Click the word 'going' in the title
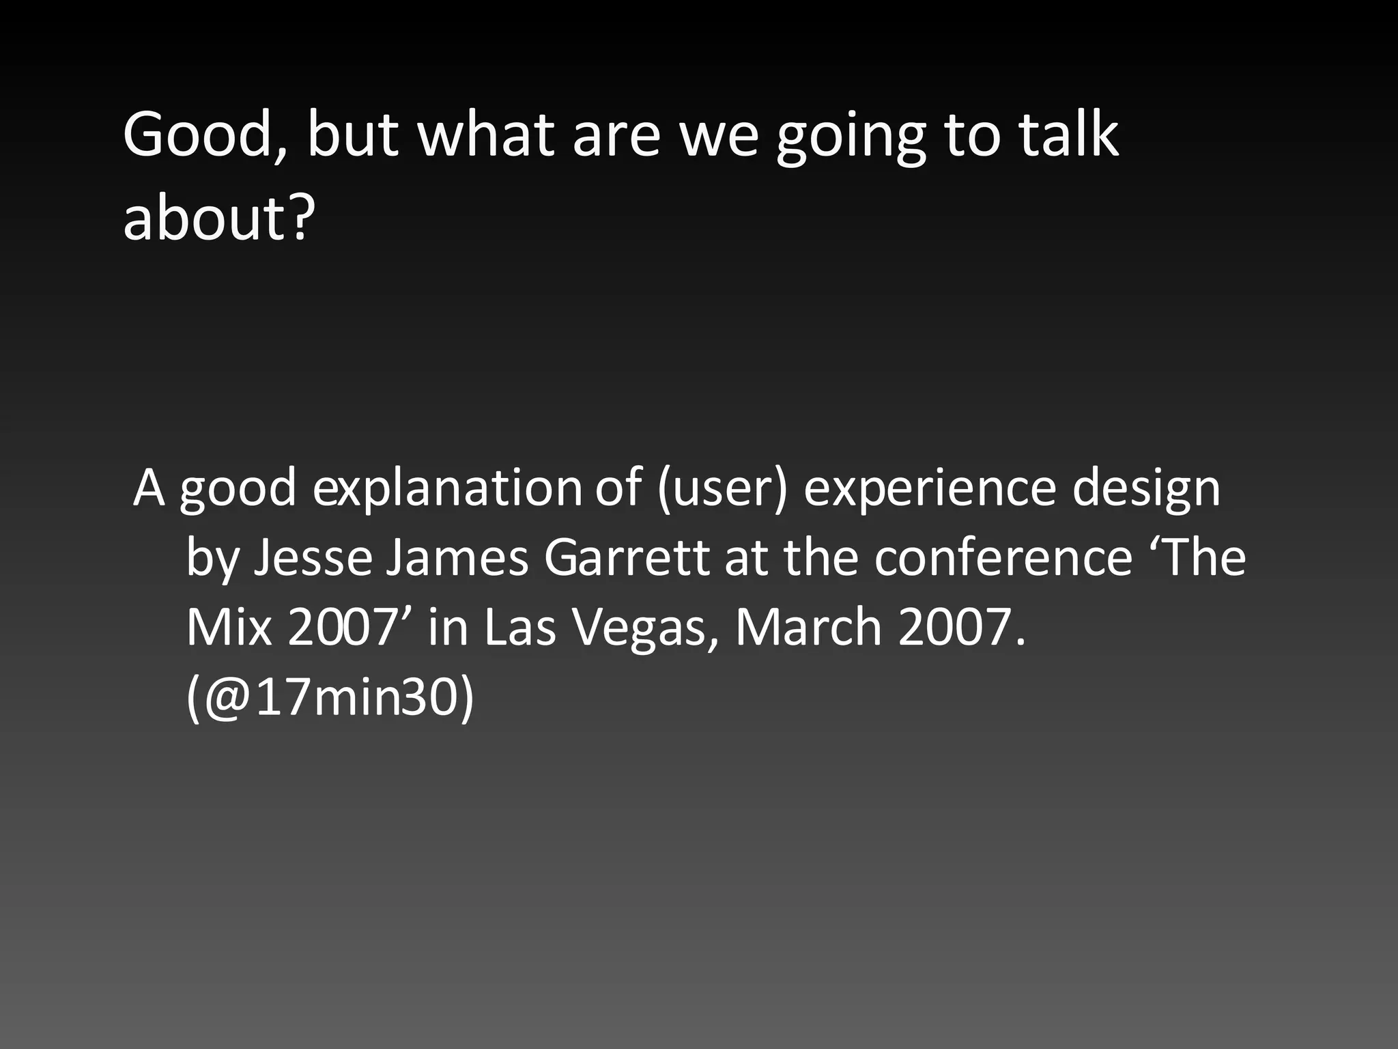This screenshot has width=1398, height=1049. pos(852,137)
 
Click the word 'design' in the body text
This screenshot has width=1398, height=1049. pos(1146,489)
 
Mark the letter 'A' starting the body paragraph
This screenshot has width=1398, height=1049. pos(149,489)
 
